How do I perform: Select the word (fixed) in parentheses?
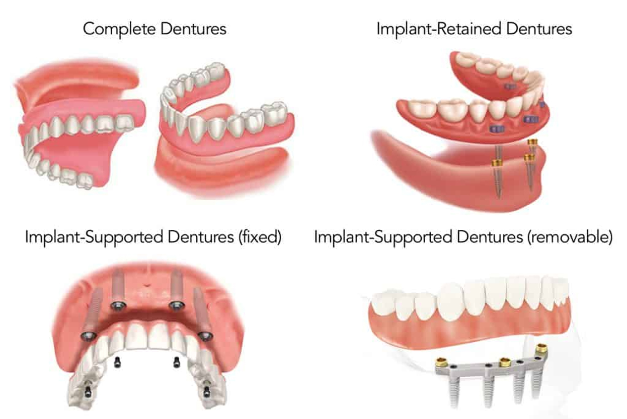(260, 237)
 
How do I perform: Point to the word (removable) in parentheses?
(570, 237)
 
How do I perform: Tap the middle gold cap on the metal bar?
(505, 363)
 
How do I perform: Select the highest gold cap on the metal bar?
(541, 349)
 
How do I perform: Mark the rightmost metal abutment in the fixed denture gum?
(204, 335)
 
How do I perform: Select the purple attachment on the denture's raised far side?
(510, 87)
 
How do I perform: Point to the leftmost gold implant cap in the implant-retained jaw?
(497, 162)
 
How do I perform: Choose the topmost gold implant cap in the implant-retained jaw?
(533, 142)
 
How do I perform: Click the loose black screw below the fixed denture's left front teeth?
(118, 363)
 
